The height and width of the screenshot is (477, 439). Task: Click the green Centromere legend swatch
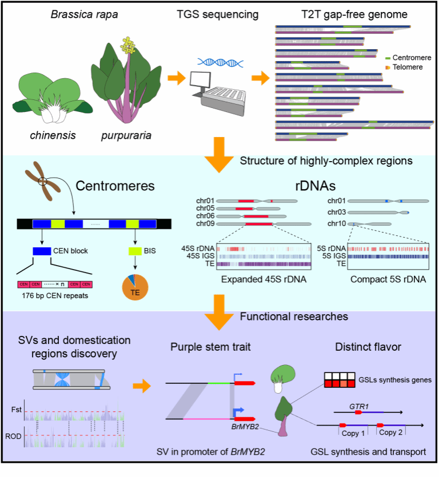coord(388,58)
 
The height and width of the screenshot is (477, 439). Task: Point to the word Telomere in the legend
coord(408,67)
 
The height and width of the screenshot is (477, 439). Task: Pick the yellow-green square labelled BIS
coord(134,251)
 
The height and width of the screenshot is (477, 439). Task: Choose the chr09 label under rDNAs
coord(205,224)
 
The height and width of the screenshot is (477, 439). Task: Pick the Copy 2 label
coord(392,433)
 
